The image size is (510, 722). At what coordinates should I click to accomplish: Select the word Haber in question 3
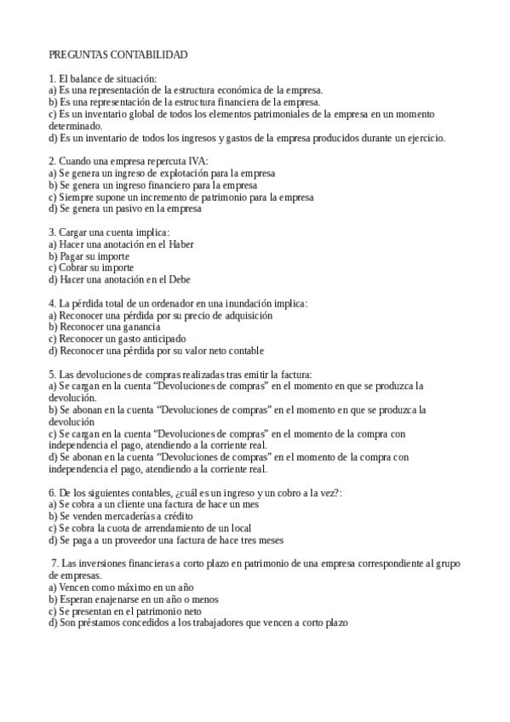(x=181, y=244)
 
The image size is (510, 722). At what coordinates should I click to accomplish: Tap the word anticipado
(x=161, y=339)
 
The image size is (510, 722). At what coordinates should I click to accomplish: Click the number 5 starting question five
(x=51, y=374)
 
